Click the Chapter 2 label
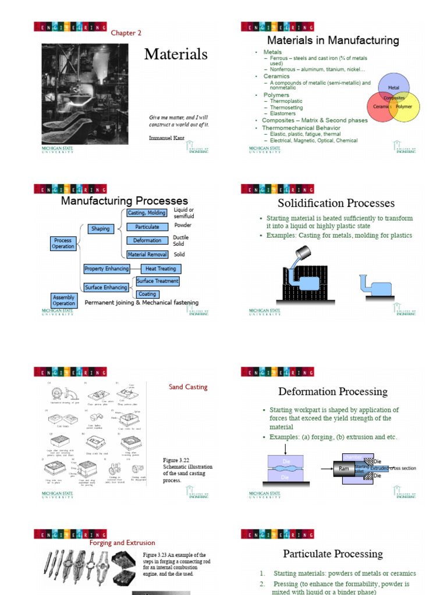click(126, 33)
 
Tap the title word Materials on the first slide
click(176, 54)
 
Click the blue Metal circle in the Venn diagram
click(393, 85)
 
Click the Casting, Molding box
click(147, 213)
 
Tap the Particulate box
click(147, 227)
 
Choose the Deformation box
click(147, 241)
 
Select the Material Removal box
click(147, 255)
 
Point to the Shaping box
click(100, 229)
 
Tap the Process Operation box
click(63, 243)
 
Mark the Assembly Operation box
click(64, 300)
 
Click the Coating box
click(147, 294)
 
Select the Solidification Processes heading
click(336, 203)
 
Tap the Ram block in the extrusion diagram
click(343, 467)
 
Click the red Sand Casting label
click(188, 387)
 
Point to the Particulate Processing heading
click(333, 554)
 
